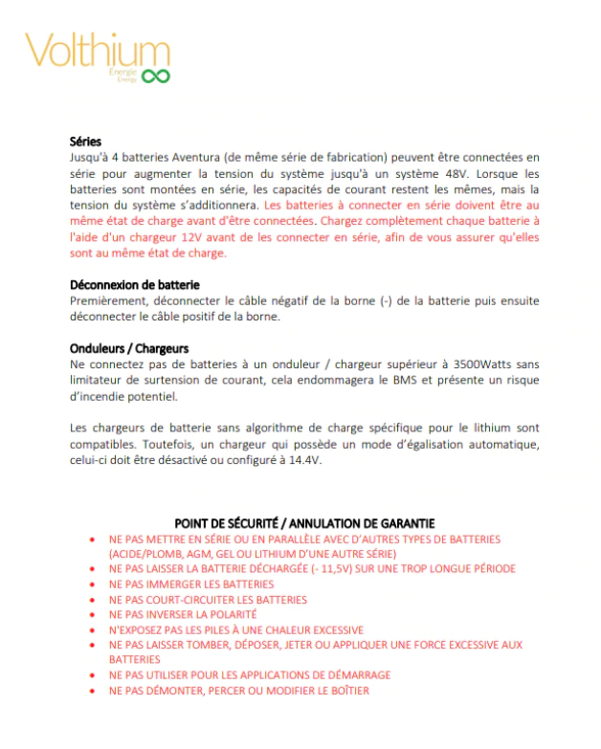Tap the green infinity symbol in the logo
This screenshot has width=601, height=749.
coord(156,76)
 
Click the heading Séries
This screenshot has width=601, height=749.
coord(86,141)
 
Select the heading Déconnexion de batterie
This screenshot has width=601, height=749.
coord(134,284)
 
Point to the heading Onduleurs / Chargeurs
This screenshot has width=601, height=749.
coord(129,348)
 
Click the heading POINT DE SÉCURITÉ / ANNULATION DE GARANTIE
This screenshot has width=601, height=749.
coord(304,523)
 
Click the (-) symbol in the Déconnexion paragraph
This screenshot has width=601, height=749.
coord(358,300)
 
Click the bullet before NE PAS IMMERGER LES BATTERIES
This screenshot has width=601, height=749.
coord(91,584)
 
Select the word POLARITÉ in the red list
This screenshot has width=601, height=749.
coord(231,614)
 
